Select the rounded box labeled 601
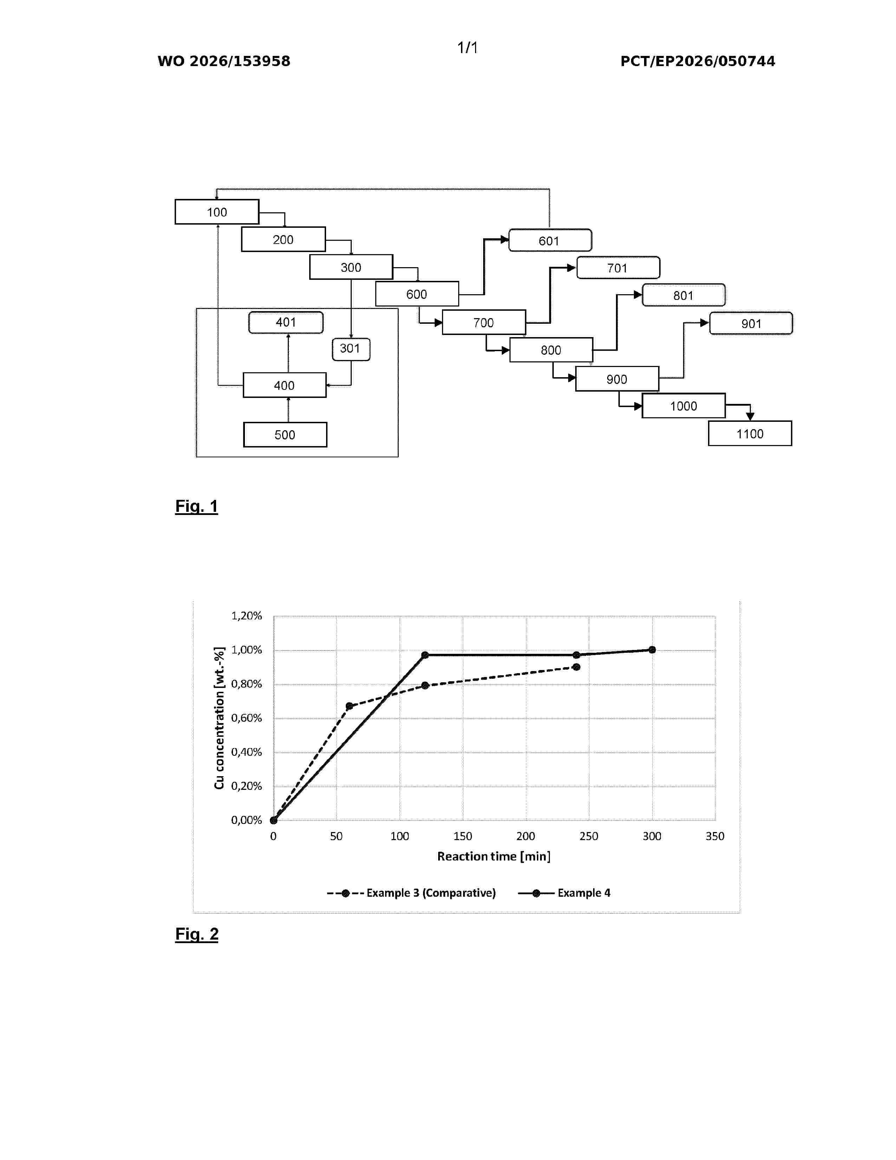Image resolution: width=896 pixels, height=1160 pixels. [550, 240]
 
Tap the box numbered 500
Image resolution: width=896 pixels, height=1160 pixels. [285, 434]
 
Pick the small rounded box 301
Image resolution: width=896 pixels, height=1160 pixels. [351, 349]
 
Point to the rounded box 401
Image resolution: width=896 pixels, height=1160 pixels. [286, 322]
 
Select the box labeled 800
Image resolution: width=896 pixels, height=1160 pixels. [551, 350]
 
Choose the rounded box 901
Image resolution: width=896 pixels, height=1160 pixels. [751, 323]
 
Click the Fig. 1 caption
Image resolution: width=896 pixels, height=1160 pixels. [196, 506]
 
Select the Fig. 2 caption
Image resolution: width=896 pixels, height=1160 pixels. [197, 934]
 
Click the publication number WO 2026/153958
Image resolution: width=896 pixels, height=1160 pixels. [224, 61]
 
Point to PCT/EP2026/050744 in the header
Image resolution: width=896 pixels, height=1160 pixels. [697, 61]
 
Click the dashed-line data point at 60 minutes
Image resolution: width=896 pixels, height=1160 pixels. [349, 706]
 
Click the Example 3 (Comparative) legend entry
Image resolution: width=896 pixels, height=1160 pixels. [411, 893]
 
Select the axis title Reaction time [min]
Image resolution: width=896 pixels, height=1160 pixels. [494, 856]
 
